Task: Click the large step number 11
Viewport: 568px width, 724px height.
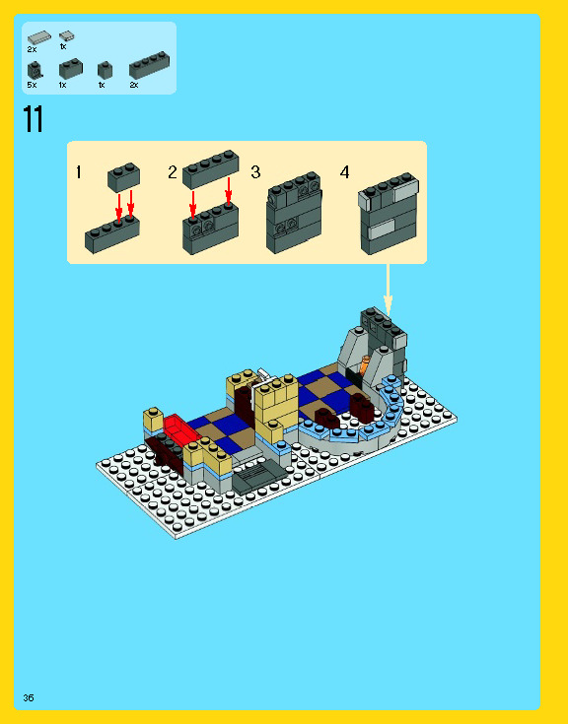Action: pos(33,120)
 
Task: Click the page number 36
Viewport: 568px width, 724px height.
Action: pos(30,697)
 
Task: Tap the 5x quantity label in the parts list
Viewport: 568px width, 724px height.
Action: pos(32,85)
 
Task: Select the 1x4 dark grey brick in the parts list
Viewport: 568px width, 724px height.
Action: pos(148,66)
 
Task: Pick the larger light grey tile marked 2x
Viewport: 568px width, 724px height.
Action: pos(39,37)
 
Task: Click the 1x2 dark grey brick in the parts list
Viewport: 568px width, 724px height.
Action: pos(70,68)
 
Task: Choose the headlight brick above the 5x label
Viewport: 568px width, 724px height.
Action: pos(35,69)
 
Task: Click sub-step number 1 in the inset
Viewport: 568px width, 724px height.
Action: pos(78,172)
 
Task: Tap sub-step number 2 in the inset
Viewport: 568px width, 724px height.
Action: pos(172,172)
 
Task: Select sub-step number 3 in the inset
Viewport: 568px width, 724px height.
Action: pos(255,172)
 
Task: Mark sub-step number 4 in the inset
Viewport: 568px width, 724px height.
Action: pos(344,172)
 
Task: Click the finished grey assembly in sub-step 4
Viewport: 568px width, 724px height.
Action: pos(387,215)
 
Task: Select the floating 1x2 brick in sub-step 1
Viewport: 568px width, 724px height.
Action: pos(123,176)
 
